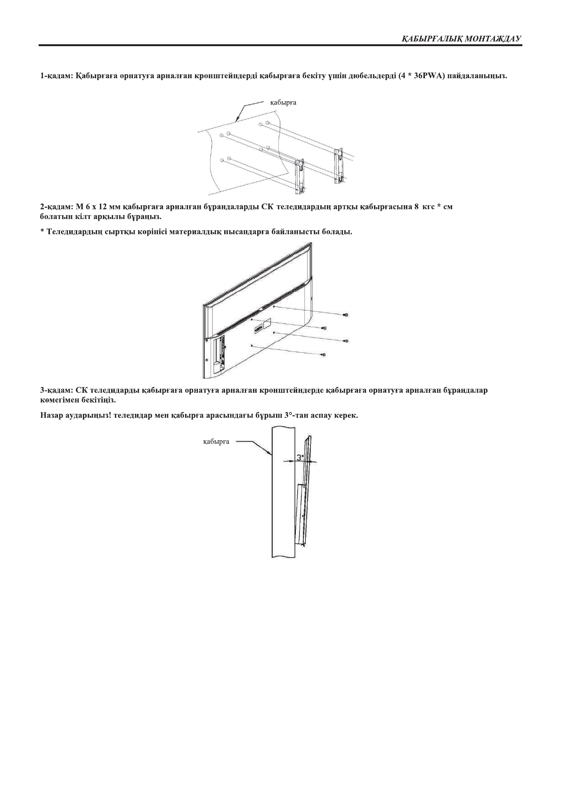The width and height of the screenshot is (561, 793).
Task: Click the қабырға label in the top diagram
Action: pos(283,102)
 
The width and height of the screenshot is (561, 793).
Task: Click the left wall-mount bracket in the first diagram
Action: pos(300,176)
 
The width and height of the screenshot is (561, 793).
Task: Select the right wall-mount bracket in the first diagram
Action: pos(339,165)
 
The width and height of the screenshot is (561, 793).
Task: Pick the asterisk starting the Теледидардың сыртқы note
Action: pos(42,232)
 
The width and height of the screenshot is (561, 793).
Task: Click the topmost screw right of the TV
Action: pos(346,315)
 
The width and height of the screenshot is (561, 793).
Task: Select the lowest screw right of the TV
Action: pos(324,354)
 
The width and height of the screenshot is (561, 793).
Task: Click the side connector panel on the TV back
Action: pos(219,351)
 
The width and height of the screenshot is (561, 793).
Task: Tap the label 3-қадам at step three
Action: pos(55,390)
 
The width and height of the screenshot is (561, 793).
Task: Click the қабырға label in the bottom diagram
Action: pos(216,442)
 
